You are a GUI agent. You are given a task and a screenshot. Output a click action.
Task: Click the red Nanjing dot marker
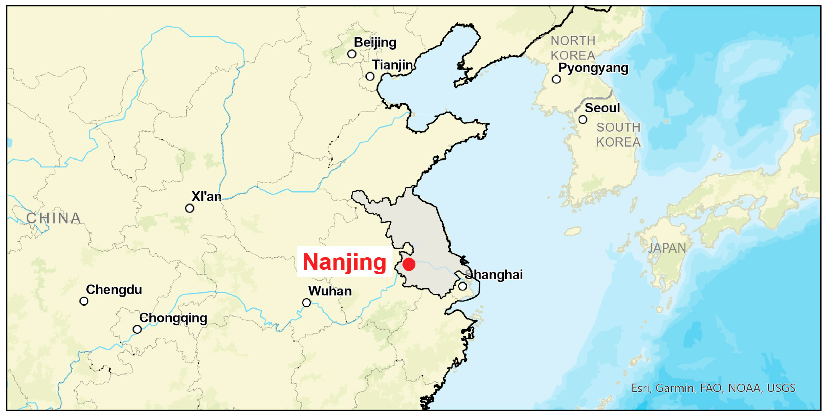tap(409, 264)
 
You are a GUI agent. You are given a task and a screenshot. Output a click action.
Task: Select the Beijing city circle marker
tap(352, 54)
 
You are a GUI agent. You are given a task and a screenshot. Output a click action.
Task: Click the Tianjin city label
tap(392, 65)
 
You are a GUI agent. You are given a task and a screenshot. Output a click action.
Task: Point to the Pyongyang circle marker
tap(556, 79)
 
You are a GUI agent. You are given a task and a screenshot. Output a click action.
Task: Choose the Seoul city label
tap(602, 108)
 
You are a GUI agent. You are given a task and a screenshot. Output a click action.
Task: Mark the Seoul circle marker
tap(583, 120)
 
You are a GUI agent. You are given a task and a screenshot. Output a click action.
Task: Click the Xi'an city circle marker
tap(189, 208)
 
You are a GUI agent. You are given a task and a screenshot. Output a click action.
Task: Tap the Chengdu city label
tap(114, 290)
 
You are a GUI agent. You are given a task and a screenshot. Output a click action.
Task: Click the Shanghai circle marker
tap(462, 286)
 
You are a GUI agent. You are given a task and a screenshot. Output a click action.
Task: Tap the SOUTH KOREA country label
tap(618, 135)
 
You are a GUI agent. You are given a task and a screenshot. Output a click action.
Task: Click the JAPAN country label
tap(667, 248)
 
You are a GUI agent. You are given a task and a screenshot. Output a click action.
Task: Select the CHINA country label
tap(54, 218)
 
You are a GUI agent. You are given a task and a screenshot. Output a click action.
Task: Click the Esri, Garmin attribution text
tap(713, 388)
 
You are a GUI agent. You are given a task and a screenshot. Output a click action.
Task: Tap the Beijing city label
tap(375, 42)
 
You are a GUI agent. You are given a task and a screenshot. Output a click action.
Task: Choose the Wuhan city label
tap(330, 291)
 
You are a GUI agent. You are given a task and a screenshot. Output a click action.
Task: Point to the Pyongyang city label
tap(593, 68)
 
